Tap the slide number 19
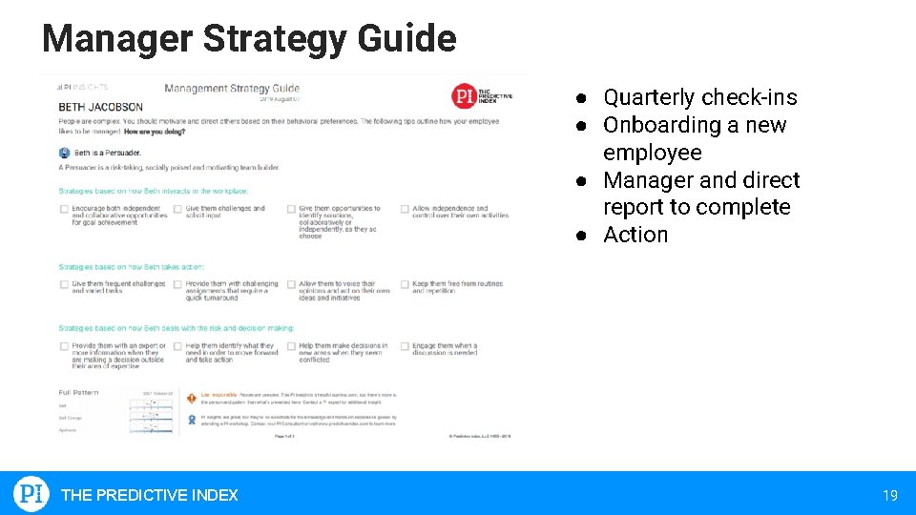(x=889, y=495)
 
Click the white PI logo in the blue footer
(x=31, y=494)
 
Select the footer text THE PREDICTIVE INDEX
(x=149, y=495)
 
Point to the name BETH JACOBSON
(x=100, y=108)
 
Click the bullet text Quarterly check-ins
(x=699, y=97)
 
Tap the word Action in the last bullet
(x=635, y=235)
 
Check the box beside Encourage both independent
(x=64, y=209)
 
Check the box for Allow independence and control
(x=405, y=209)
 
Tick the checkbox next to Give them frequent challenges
(x=64, y=284)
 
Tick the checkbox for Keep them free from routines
(x=405, y=284)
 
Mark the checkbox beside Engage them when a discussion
(x=405, y=346)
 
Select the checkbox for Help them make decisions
(x=291, y=346)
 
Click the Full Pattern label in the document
(x=78, y=392)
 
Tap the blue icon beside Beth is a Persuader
(x=64, y=153)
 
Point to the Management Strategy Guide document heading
(x=232, y=89)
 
